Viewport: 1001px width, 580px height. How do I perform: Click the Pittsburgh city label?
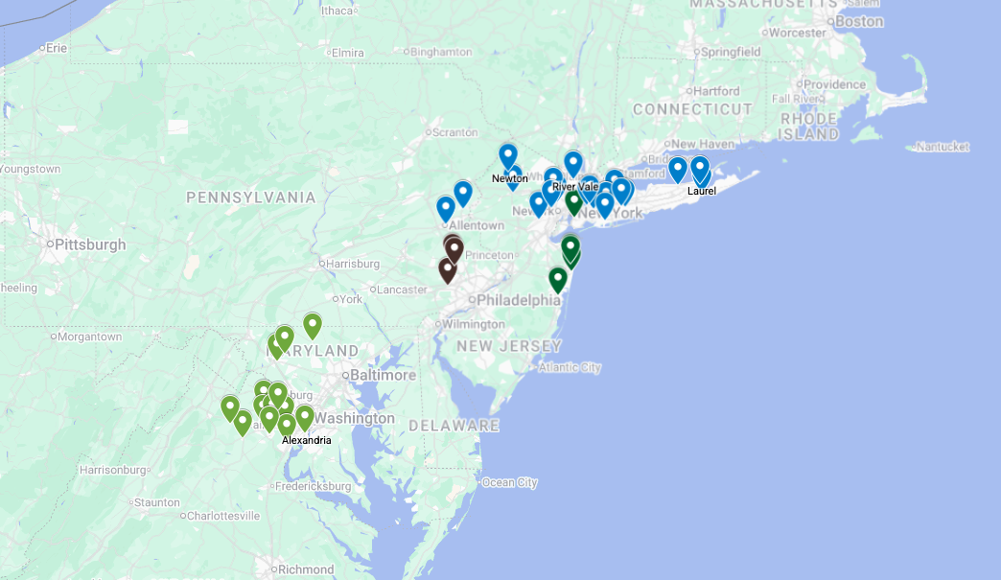tap(90, 244)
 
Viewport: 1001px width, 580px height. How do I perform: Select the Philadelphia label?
tap(518, 300)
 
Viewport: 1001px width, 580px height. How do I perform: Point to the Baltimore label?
tap(383, 375)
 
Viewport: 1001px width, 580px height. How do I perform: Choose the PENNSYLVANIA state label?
tap(250, 197)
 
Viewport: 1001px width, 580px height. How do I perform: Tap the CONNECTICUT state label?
tap(692, 109)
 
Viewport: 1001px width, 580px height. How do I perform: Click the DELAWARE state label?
tap(454, 425)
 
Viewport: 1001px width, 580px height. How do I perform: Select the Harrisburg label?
tap(353, 263)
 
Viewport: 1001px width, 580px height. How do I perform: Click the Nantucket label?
tap(942, 147)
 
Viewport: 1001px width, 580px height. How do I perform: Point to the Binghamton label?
tap(440, 52)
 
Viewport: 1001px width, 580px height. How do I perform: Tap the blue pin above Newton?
tap(508, 154)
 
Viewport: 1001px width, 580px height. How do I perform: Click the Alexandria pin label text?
tap(307, 440)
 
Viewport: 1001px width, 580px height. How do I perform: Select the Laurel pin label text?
tap(701, 191)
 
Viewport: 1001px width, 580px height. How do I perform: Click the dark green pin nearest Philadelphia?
tap(558, 279)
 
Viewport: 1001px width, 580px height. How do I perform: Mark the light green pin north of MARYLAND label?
tap(312, 325)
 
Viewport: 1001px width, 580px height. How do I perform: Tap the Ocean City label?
tap(509, 482)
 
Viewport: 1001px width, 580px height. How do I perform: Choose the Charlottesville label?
tap(222, 516)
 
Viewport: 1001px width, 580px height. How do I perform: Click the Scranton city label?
tap(454, 132)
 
